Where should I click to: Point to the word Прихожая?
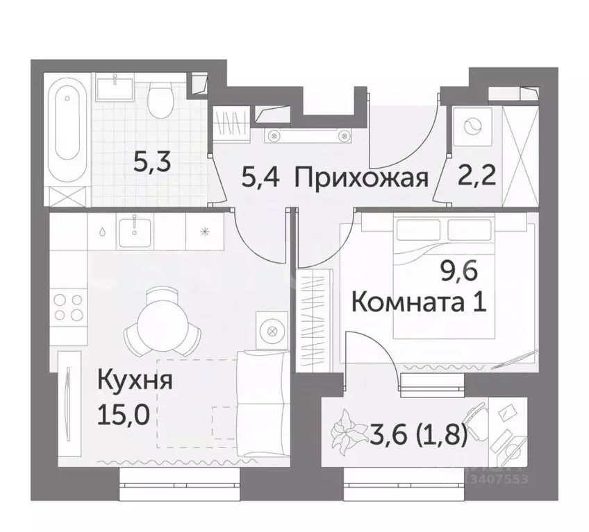(359, 178)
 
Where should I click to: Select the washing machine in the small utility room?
(472, 126)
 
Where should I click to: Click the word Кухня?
(135, 381)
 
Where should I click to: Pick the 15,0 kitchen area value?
(125, 414)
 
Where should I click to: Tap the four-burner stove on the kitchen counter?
(68, 307)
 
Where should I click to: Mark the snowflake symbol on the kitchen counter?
(205, 231)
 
